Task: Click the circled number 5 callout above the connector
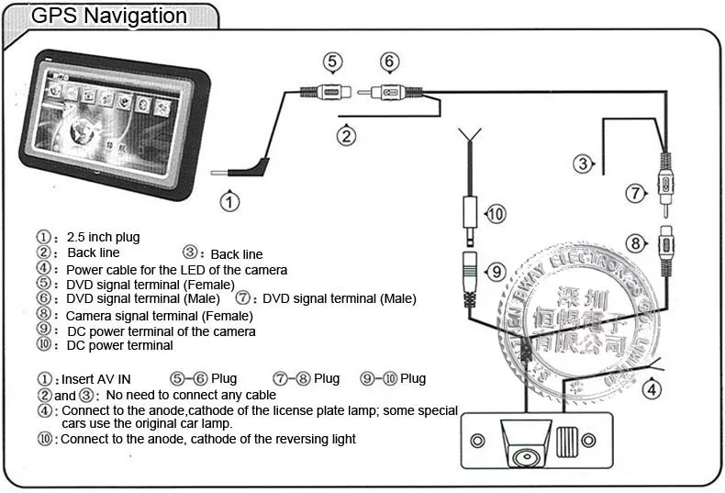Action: click(333, 62)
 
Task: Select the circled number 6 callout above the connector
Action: click(390, 62)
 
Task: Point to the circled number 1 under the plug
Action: click(230, 200)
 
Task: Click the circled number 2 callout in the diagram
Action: click(346, 137)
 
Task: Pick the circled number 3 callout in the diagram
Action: click(583, 165)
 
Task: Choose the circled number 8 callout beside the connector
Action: click(635, 243)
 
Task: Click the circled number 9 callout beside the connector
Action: click(495, 272)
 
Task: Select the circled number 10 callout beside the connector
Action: click(495, 214)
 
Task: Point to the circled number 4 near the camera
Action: click(651, 389)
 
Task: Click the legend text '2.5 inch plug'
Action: click(103, 238)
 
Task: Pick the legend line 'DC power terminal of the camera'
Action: click(161, 331)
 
